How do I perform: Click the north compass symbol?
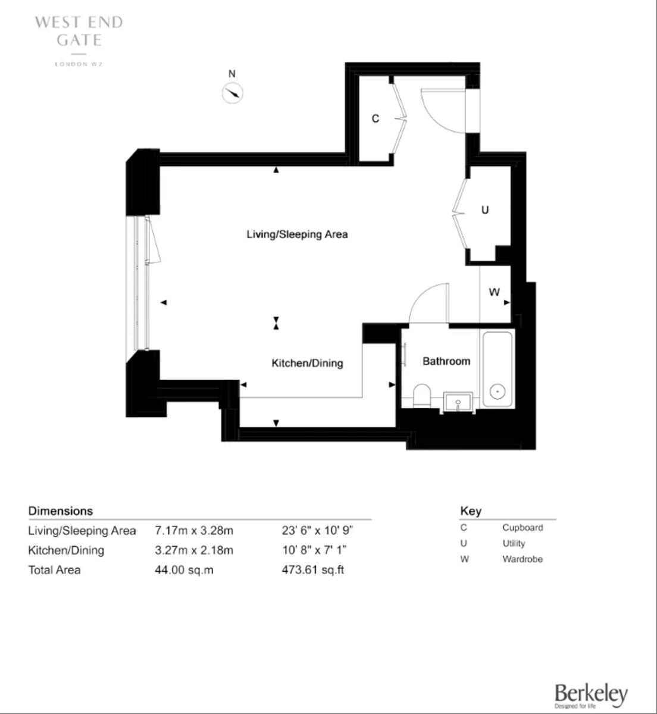pos(232,93)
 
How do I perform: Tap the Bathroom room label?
pos(446,361)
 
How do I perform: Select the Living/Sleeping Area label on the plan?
pos(297,234)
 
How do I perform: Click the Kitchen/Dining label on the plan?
pos(307,363)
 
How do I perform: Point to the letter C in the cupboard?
pos(375,119)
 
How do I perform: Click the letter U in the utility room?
pos(485,210)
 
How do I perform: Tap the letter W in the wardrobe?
pos(494,293)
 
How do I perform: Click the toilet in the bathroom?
pos(423,395)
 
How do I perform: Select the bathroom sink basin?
pos(458,402)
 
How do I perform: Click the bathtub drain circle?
pos(498,392)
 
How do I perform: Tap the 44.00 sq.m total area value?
pos(184,570)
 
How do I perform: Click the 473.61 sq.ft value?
pos(313,570)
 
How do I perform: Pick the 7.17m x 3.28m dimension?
pos(194,530)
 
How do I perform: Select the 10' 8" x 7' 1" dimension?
pos(314,550)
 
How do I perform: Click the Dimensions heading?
pos(61,511)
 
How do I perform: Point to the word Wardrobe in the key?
pos(522,559)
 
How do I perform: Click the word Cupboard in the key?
pos(522,528)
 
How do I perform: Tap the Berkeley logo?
pos(590,694)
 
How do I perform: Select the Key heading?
pos(471,511)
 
